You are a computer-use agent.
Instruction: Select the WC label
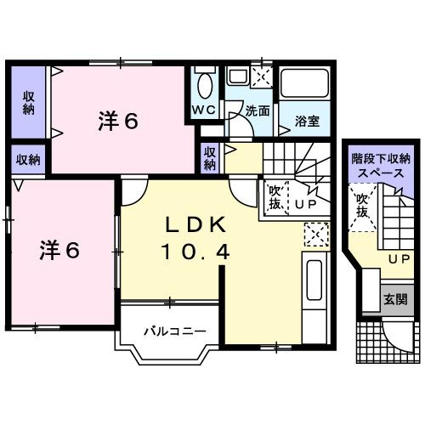tap(202, 110)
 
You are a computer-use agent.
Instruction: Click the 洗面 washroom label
tap(258, 110)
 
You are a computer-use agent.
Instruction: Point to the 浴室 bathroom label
tap(306, 121)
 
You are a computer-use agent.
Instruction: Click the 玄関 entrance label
tap(394, 299)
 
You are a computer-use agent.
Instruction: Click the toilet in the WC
tap(204, 85)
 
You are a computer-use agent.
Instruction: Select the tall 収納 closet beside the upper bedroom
tap(29, 101)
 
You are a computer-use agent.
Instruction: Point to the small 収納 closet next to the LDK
tap(210, 157)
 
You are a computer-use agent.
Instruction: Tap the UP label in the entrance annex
tap(394, 258)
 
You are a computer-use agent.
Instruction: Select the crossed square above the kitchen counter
tap(314, 233)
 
